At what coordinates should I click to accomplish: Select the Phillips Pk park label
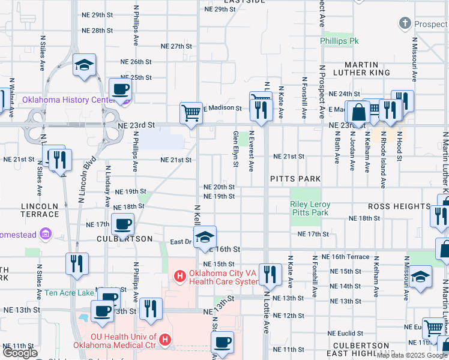[339, 41]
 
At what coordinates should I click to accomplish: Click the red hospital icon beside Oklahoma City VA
[179, 277]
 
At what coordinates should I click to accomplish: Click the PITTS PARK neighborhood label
[295, 179]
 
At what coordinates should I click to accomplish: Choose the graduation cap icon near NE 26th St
[84, 64]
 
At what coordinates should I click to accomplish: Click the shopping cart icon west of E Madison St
[191, 112]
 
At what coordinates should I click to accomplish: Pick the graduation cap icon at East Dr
[205, 236]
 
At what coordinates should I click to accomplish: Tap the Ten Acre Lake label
[69, 293]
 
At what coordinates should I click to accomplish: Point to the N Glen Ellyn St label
[235, 151]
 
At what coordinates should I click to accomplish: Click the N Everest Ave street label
[252, 151]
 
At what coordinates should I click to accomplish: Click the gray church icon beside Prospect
[405, 25]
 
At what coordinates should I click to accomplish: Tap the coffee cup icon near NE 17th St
[122, 225]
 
